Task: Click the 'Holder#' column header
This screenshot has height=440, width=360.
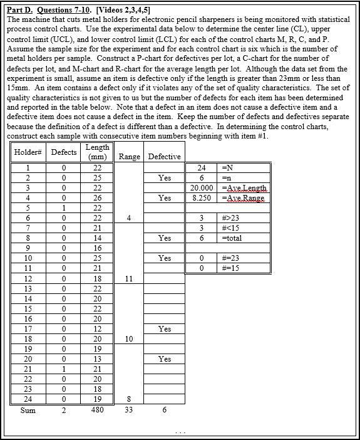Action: [28, 152]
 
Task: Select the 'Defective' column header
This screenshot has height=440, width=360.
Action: [164, 157]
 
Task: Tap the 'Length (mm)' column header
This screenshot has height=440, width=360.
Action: [97, 152]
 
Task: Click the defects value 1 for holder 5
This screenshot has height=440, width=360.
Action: [63, 208]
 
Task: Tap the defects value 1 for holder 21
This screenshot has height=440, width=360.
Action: [63, 369]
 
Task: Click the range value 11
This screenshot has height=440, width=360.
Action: [128, 278]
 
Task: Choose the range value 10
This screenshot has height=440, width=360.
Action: [128, 339]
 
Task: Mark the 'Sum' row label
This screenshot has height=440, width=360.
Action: [28, 411]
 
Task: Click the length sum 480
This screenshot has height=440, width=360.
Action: [97, 411]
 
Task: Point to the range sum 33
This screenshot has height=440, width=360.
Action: [128, 411]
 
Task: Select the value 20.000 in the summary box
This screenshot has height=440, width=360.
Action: [202, 188]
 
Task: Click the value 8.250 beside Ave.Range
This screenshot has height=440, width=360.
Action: [202, 198]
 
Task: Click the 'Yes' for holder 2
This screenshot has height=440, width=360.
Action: [164, 178]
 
